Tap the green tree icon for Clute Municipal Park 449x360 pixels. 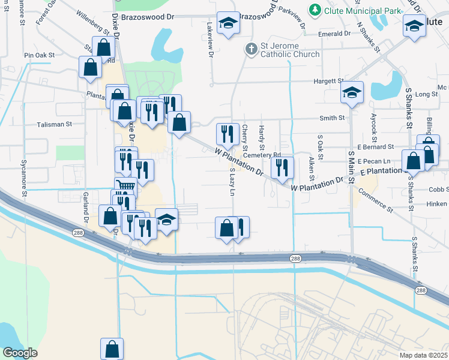(x=314, y=10)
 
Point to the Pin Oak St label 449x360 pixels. (x=40, y=55)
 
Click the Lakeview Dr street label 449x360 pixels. (x=210, y=40)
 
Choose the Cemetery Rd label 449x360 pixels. (x=267, y=154)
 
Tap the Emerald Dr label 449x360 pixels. (x=334, y=34)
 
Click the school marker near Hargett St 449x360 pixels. (x=352, y=92)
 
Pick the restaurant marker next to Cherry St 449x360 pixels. (x=227, y=134)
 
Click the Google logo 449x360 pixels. (x=20, y=353)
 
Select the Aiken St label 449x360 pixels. (x=312, y=169)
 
